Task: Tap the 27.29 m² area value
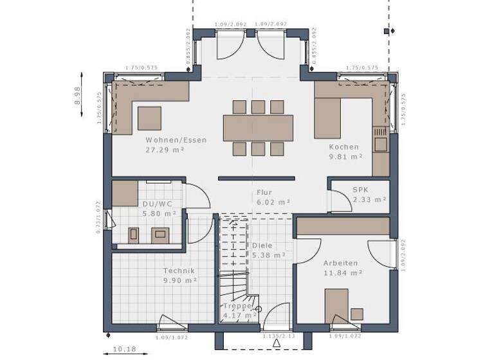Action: (x=166, y=150)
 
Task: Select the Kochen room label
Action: (x=344, y=147)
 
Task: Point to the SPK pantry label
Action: (x=360, y=190)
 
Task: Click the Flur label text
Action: (x=264, y=192)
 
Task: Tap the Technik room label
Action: (x=179, y=271)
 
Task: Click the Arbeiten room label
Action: (x=341, y=264)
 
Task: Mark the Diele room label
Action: (x=262, y=246)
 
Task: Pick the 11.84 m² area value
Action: (x=343, y=273)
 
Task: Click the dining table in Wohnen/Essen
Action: (x=258, y=127)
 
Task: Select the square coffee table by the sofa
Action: (x=149, y=118)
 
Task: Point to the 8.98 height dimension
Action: (x=77, y=97)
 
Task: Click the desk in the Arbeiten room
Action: (x=336, y=303)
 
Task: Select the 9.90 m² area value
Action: (x=179, y=281)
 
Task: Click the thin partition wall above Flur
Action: (x=256, y=178)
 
